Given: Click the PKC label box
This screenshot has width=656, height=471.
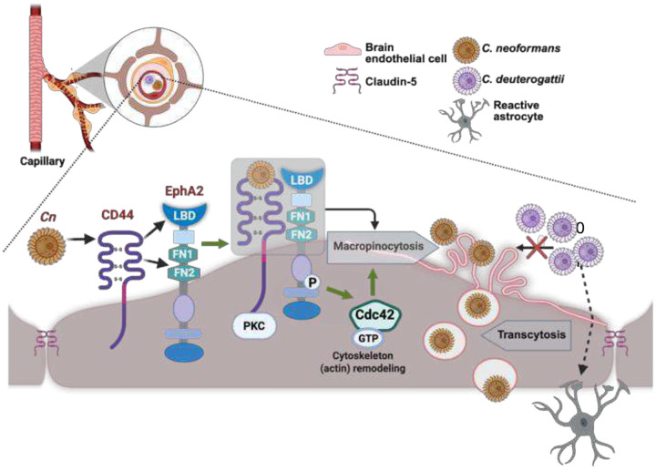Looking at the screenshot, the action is click(254, 325).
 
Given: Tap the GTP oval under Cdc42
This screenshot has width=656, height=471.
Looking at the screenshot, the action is click(368, 338).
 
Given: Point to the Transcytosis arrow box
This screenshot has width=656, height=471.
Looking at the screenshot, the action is click(527, 334).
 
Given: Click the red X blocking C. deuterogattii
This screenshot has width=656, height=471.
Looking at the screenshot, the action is click(538, 248).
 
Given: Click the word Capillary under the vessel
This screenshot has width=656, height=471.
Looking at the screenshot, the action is click(42, 161).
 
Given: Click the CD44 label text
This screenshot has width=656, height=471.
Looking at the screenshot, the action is click(118, 215).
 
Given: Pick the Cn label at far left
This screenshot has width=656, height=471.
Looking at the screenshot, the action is click(47, 218).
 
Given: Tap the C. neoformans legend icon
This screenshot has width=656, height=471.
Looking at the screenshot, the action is click(466, 49).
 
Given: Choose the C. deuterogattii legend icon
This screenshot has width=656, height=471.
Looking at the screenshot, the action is click(466, 79).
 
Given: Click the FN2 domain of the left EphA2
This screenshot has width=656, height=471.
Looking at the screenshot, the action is click(183, 272).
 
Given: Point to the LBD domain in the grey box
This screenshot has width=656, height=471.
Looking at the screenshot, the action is click(302, 179).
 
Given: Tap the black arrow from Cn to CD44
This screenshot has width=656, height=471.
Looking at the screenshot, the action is click(82, 240).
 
